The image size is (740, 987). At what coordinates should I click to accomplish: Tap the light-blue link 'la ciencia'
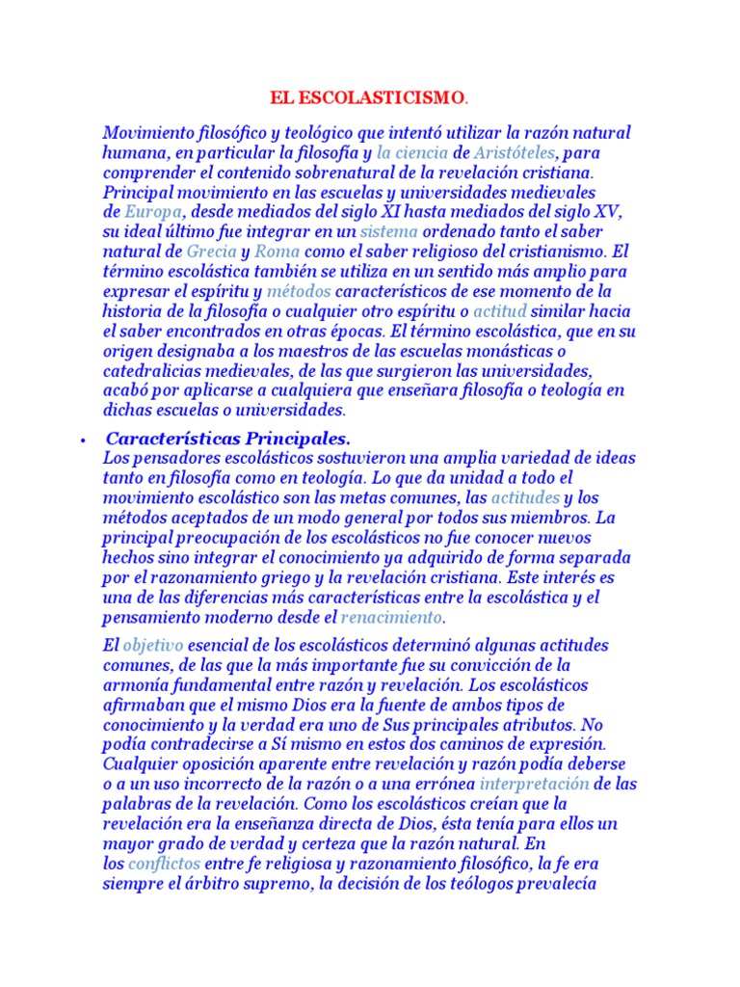pos(411,152)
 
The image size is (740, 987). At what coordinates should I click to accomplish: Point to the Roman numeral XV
pos(612,211)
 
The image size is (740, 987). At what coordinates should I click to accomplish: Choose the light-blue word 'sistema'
pos(390,231)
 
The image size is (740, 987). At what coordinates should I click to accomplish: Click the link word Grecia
pos(210,251)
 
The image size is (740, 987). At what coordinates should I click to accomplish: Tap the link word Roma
pos(277,251)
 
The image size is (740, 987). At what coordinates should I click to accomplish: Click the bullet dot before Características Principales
pos(84,440)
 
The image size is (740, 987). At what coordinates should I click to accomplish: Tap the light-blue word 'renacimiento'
pos(392,616)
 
